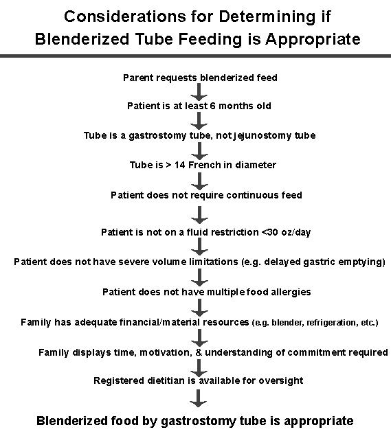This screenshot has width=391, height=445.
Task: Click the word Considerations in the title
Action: tap(125, 16)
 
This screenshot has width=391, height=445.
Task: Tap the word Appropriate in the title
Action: tap(313, 39)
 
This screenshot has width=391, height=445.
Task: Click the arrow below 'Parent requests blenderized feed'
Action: tap(199, 92)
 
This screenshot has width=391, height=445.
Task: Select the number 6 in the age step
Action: tap(212, 106)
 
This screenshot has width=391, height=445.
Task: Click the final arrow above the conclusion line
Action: tap(198, 398)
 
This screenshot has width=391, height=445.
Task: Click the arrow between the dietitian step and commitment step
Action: tap(199, 368)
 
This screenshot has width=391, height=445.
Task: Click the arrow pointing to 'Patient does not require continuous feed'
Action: tap(199, 181)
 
